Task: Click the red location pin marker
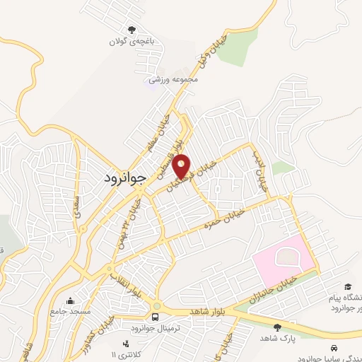[x=182, y=166]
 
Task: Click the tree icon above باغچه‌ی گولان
[x=131, y=30]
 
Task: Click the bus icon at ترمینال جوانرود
[x=156, y=316]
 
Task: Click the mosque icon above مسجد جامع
[x=70, y=300]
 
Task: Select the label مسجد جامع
[x=71, y=312]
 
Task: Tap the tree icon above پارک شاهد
[x=277, y=327]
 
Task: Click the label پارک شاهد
[x=277, y=339]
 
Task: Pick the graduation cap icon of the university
[x=347, y=286]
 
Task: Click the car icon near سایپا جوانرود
[x=332, y=348]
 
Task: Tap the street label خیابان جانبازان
[x=273, y=292]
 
